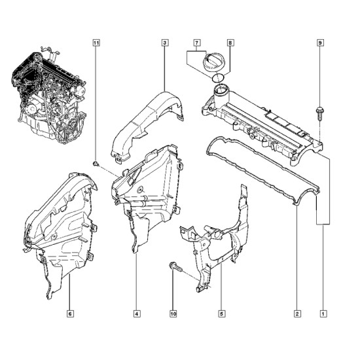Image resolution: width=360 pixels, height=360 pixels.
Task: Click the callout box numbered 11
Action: [x=96, y=43]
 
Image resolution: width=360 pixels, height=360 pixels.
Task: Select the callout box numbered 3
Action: [x=165, y=43]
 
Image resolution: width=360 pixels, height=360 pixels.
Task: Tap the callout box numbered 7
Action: [x=196, y=43]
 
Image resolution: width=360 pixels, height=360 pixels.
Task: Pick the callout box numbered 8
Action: [x=230, y=43]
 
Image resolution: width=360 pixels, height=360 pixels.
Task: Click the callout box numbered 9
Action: [x=320, y=43]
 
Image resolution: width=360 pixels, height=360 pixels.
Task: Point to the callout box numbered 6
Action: [x=70, y=314]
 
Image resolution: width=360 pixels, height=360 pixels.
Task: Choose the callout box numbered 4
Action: [x=137, y=314]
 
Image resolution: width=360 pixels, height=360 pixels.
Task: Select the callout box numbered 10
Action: [x=173, y=314]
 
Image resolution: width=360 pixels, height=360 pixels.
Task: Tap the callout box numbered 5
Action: [x=221, y=314]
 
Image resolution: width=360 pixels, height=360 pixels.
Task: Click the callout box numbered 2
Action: [x=297, y=314]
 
